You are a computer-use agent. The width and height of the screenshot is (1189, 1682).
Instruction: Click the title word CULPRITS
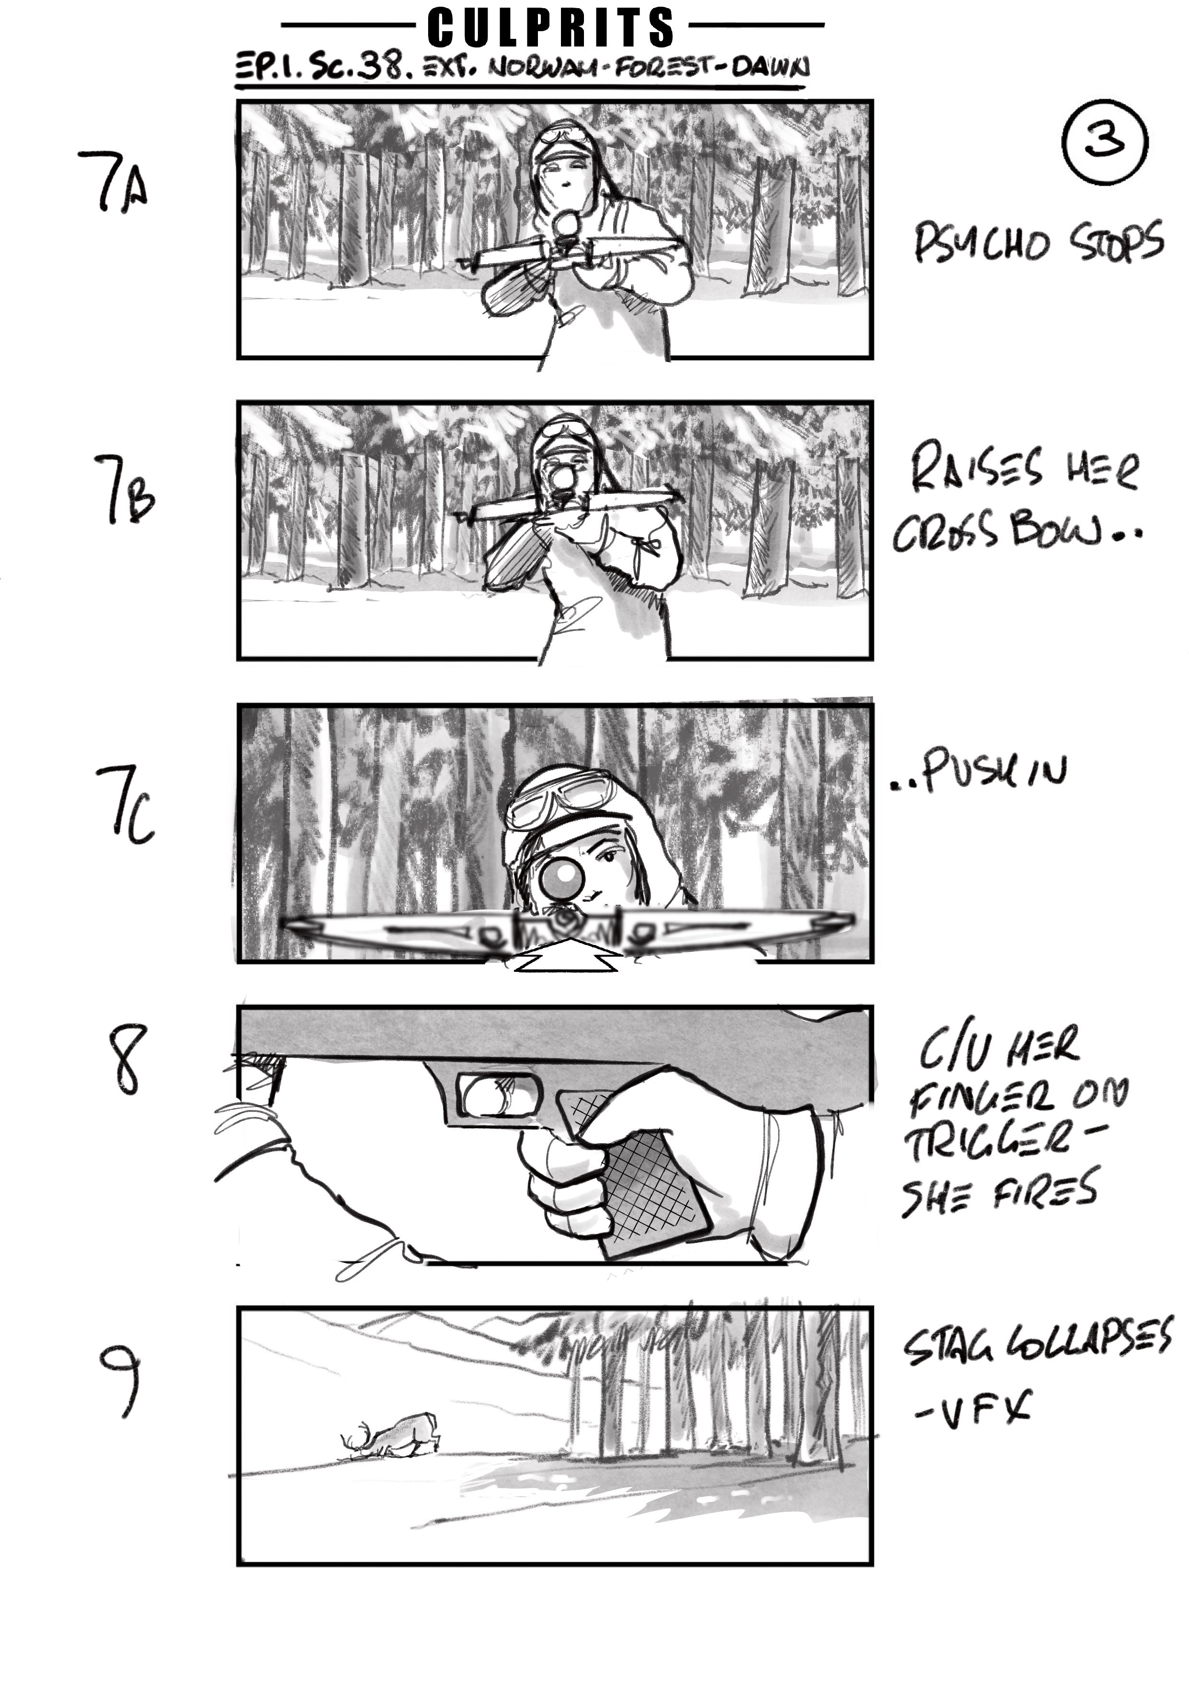tap(551, 28)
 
